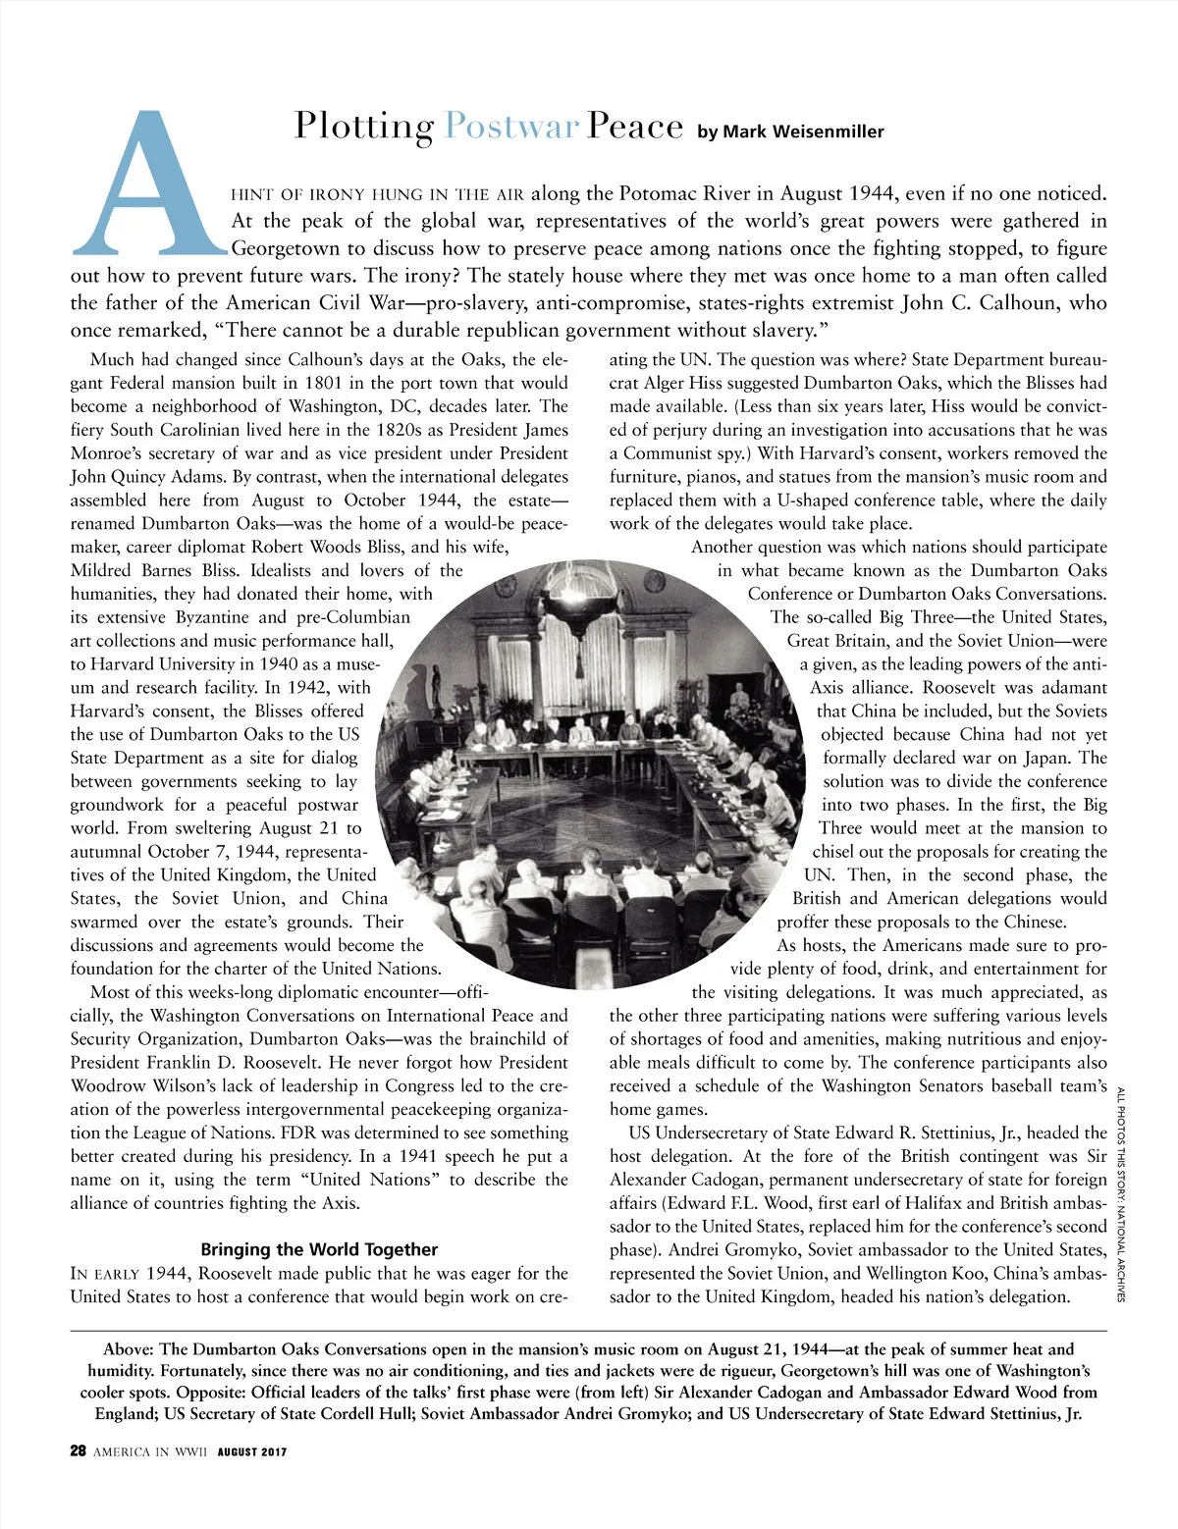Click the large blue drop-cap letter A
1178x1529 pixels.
147,186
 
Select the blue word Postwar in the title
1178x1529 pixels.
510,127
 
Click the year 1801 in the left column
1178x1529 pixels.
324,383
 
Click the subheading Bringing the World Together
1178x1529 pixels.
319,1249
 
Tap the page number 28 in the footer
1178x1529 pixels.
79,1451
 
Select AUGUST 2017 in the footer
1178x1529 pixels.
252,1452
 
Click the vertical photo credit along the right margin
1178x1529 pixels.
1121,1192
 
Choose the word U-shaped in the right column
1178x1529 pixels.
819,501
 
